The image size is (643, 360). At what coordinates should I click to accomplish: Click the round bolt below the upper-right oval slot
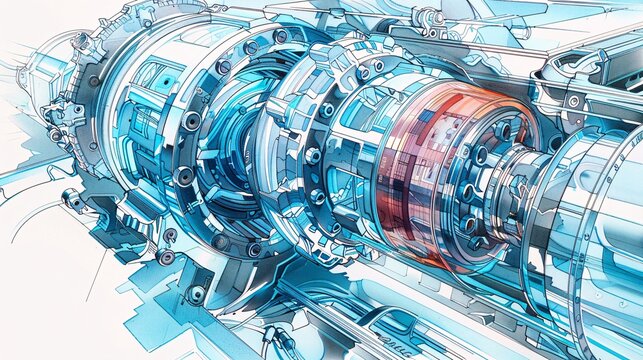573,101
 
